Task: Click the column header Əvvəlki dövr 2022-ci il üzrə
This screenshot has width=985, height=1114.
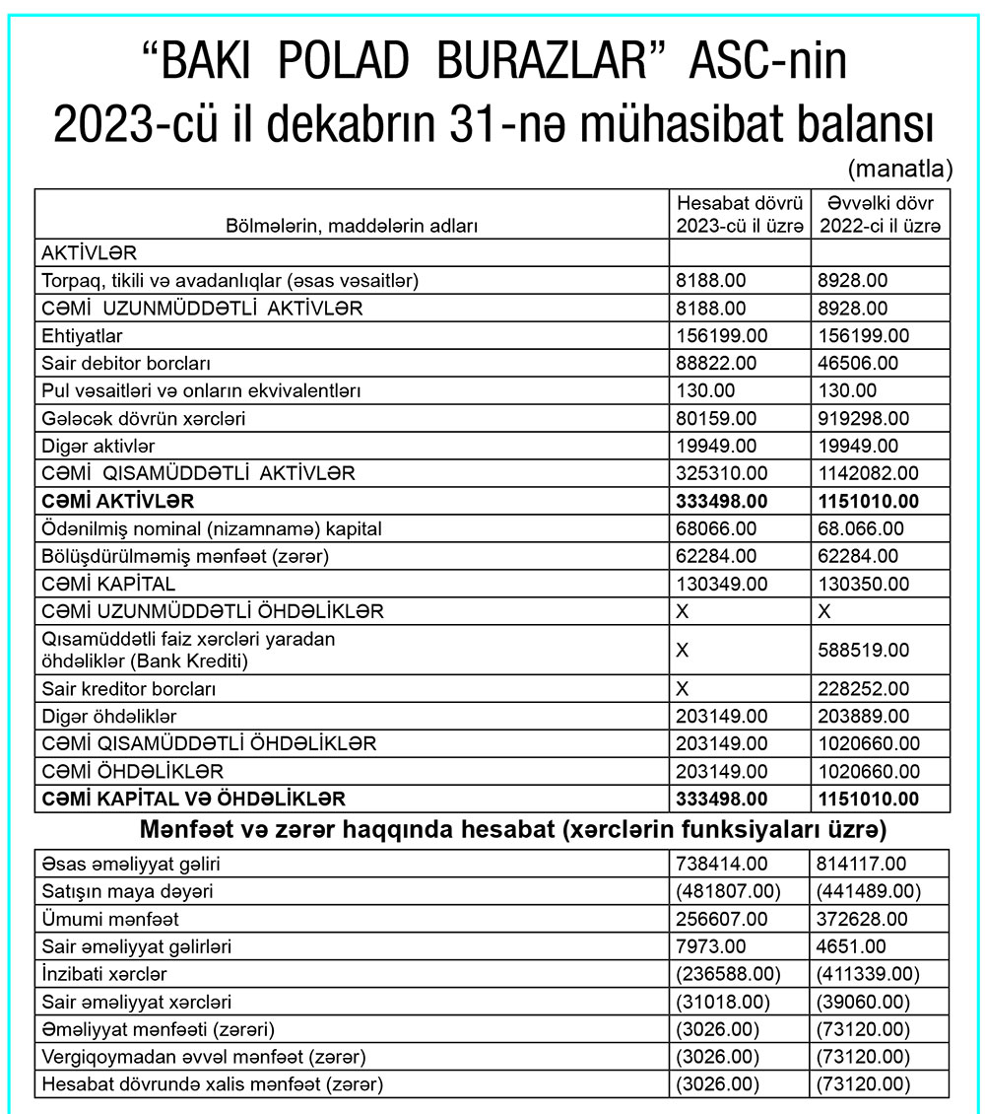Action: point(881,214)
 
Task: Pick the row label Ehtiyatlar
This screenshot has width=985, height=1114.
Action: point(82,335)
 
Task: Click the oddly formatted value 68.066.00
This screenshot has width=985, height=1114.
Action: point(863,528)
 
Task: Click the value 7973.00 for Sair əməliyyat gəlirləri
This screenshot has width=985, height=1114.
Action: point(711,947)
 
